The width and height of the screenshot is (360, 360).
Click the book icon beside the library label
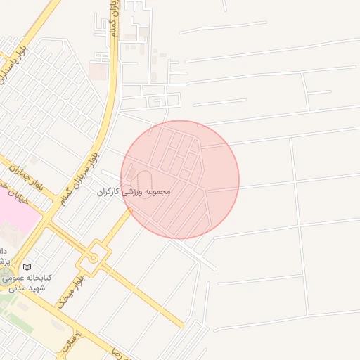pos(27,267)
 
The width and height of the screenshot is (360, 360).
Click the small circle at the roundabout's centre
pos(93,258)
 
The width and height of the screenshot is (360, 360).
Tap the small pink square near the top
pos(98,72)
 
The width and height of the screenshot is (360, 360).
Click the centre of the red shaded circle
pos(180,179)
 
